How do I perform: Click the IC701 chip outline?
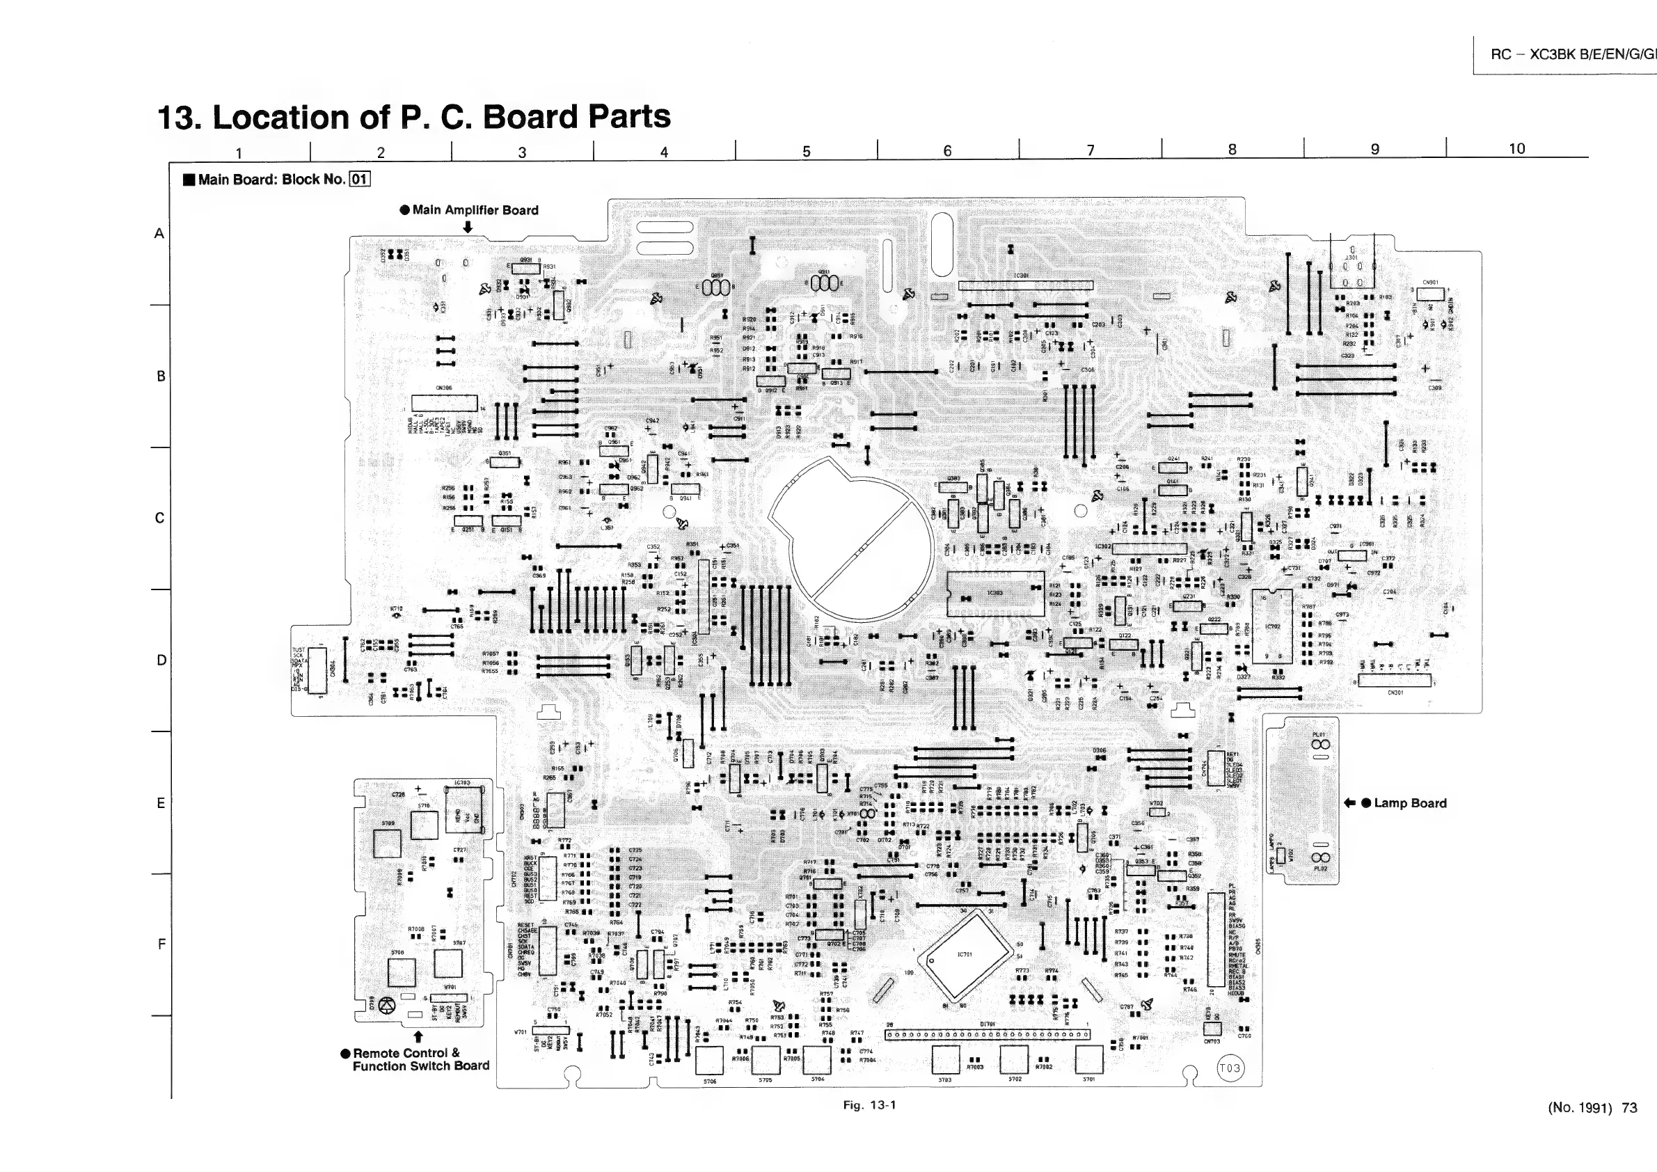[964, 956]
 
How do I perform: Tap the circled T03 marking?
[1230, 1068]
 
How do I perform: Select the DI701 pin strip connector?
[988, 1035]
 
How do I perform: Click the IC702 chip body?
[1272, 625]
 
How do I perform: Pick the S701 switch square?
[1089, 1060]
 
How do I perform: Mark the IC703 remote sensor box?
[463, 810]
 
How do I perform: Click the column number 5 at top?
[806, 151]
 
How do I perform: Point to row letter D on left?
[161, 660]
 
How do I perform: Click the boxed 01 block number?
[359, 179]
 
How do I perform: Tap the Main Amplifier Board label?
[475, 210]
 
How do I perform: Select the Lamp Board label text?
[1410, 803]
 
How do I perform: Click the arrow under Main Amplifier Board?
[468, 227]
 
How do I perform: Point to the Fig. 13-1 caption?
[869, 1105]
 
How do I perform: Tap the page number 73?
[1629, 1108]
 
